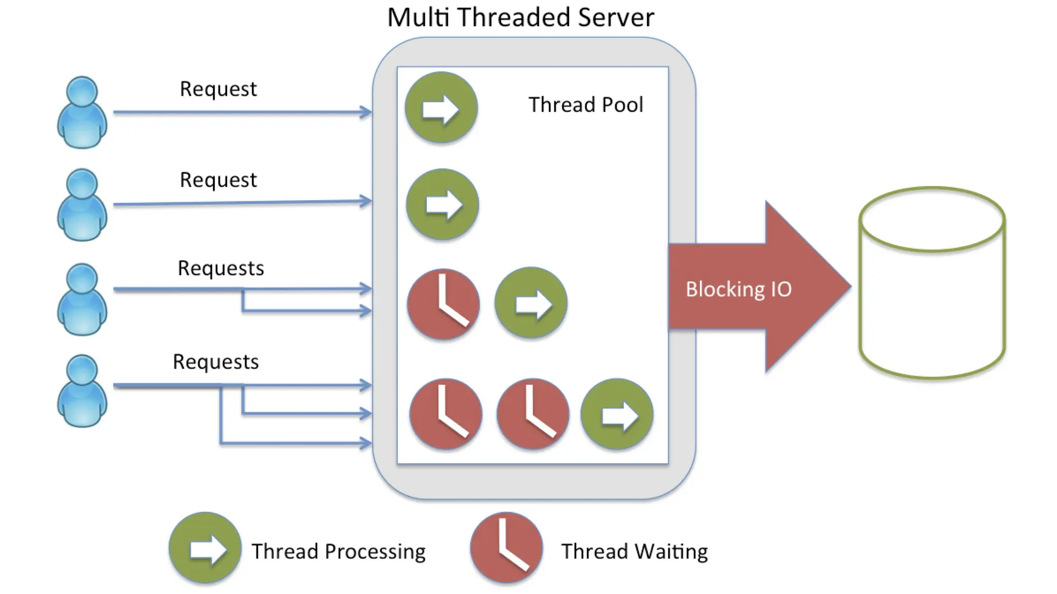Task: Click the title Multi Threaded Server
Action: pyautogui.click(x=520, y=17)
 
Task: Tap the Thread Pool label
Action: pyautogui.click(x=586, y=105)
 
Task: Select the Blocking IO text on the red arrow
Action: pyautogui.click(x=739, y=289)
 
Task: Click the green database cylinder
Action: pyautogui.click(x=932, y=283)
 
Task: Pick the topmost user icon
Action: pyautogui.click(x=82, y=112)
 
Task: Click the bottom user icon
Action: pyautogui.click(x=82, y=390)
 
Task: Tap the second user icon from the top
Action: pyautogui.click(x=82, y=205)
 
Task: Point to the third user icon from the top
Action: pyautogui.click(x=82, y=300)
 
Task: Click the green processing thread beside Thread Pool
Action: pyautogui.click(x=441, y=108)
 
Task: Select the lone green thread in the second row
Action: pyautogui.click(x=443, y=205)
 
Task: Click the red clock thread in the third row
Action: pyautogui.click(x=443, y=304)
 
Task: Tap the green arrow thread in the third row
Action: pyautogui.click(x=531, y=303)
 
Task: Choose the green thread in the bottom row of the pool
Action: pyautogui.click(x=617, y=414)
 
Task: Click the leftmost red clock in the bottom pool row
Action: pyautogui.click(x=446, y=414)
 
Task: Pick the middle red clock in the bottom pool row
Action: pyautogui.click(x=533, y=414)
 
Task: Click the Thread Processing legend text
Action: pyautogui.click(x=339, y=552)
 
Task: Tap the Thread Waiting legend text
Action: pyautogui.click(x=635, y=552)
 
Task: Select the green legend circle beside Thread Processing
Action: pyautogui.click(x=205, y=548)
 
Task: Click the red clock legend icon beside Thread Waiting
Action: pyautogui.click(x=506, y=548)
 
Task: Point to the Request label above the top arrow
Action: pyautogui.click(x=218, y=89)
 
